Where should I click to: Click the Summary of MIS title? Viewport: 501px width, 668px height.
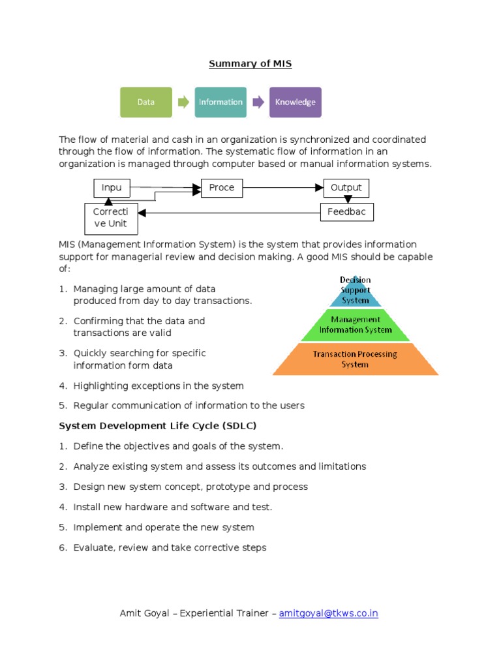pos(250,63)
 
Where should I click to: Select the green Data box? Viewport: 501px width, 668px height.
pos(146,102)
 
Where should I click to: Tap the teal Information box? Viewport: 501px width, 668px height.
pos(220,102)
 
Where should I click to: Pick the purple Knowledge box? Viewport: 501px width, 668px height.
pos(295,102)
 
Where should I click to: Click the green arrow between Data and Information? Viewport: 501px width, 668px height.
pos(183,102)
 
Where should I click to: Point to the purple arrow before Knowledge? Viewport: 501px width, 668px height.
pos(258,102)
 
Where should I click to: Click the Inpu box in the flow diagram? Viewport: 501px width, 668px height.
pos(112,188)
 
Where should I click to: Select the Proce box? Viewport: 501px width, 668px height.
pos(221,188)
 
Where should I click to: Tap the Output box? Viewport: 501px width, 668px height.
pos(346,188)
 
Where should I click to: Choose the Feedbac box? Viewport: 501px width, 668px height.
pos(346,213)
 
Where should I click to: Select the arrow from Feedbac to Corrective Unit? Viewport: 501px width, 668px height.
pos(228,213)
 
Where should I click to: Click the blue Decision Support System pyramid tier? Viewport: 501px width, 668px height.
pos(356,292)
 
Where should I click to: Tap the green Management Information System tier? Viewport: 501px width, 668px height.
pos(356,325)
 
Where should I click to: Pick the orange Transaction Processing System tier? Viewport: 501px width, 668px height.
pos(356,359)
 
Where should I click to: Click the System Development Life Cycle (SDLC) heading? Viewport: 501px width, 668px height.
pos(158,426)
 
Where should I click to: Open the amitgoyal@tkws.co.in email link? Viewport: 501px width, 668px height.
pos(329,613)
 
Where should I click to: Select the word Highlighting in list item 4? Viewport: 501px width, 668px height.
pos(100,386)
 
